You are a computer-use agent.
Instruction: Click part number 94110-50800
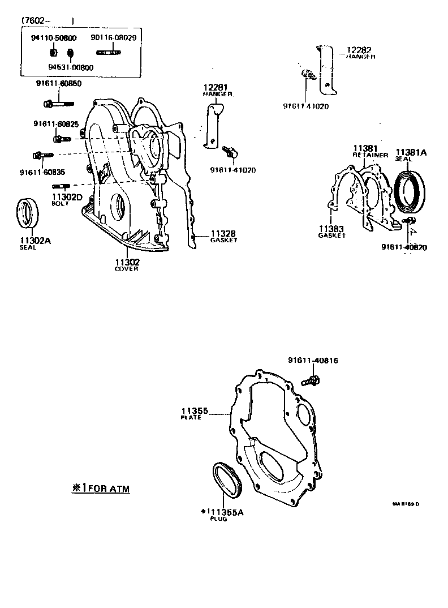(54, 38)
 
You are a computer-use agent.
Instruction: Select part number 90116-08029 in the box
(114, 37)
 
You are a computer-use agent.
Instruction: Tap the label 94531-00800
(71, 67)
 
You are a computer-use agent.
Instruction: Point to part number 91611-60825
(55, 124)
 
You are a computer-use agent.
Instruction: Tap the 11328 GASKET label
(223, 236)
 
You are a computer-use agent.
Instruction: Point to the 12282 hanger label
(360, 53)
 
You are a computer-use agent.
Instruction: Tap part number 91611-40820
(403, 247)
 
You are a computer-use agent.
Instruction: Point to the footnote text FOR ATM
(101, 488)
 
